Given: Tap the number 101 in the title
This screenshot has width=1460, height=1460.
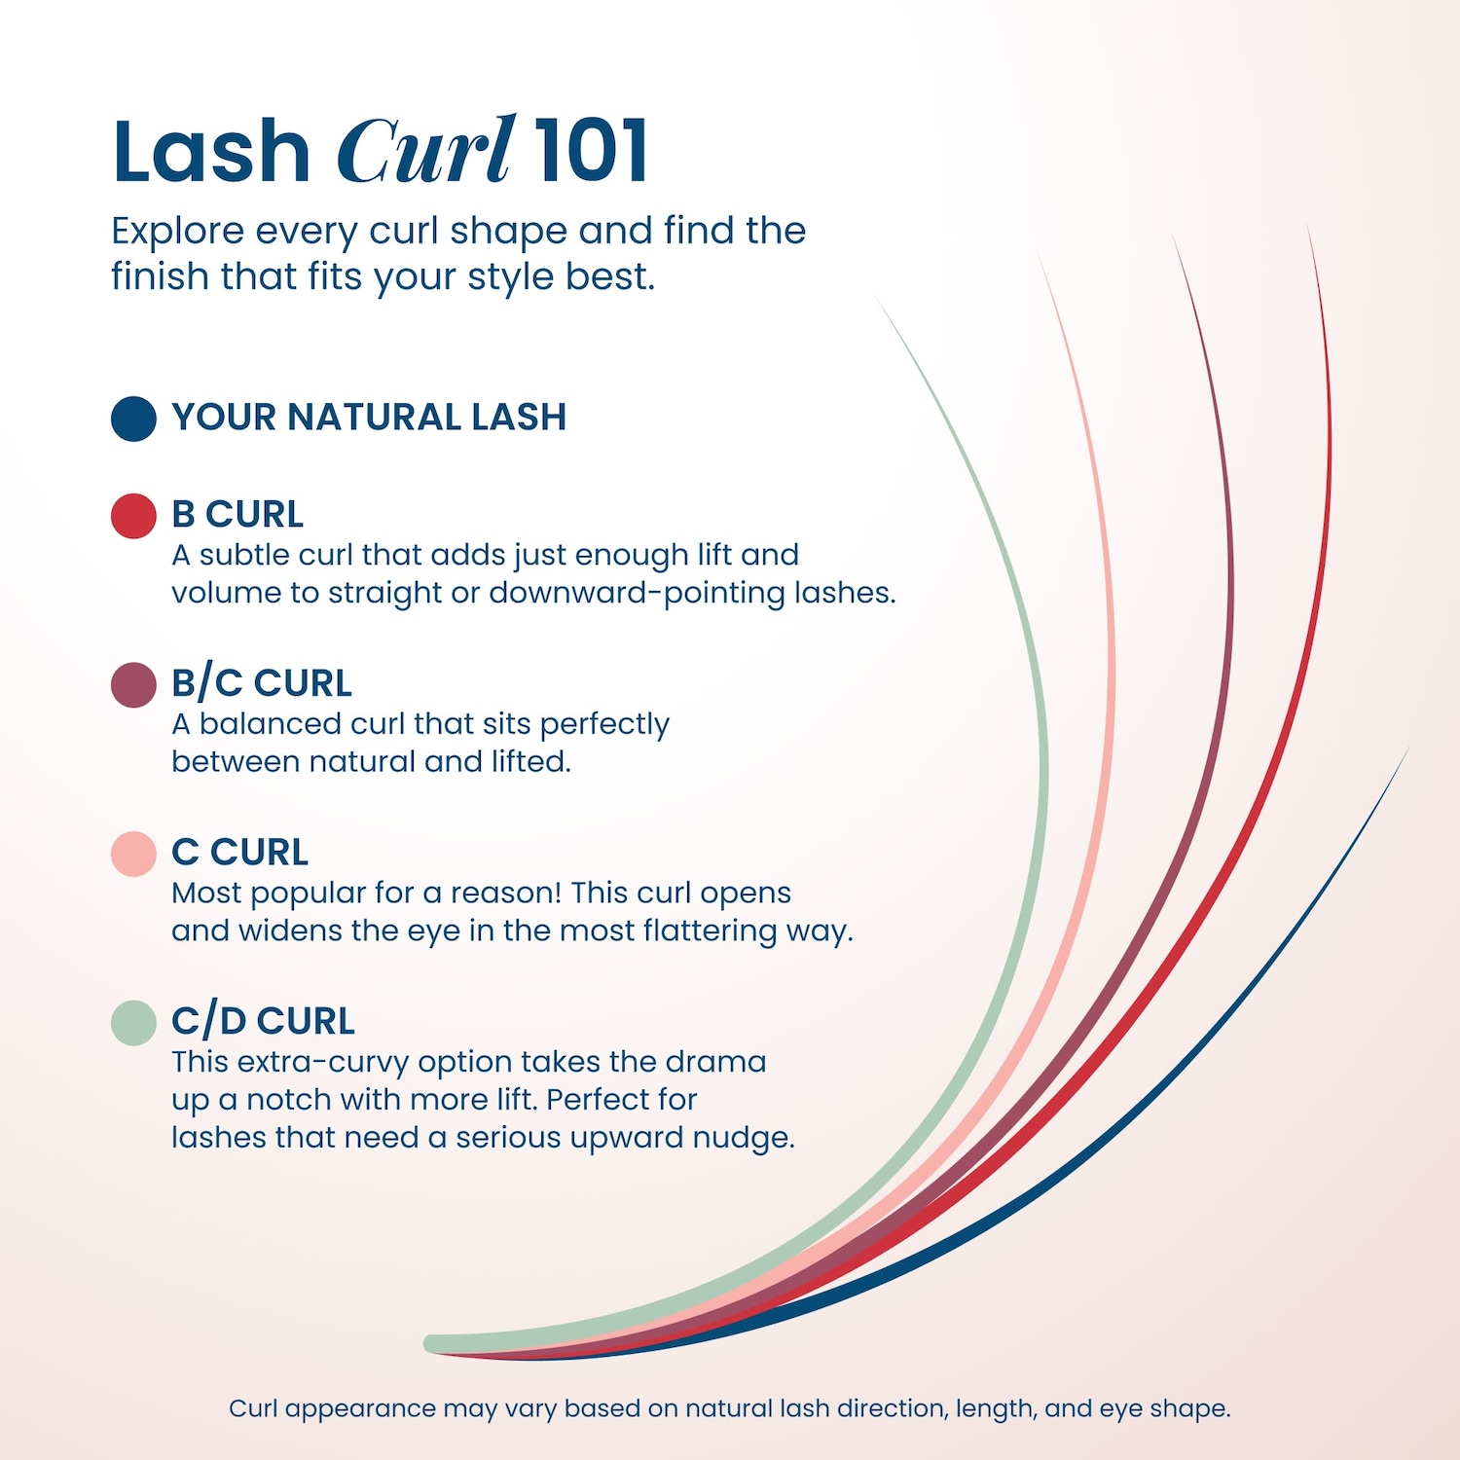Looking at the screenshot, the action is click(591, 150).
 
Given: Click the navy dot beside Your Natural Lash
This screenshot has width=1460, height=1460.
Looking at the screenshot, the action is click(133, 419).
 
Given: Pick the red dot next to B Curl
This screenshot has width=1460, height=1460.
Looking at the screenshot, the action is click(133, 516).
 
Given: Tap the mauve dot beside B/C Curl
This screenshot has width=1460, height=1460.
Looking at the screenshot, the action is click(133, 685).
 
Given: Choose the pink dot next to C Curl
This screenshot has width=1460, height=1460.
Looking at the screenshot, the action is click(133, 854).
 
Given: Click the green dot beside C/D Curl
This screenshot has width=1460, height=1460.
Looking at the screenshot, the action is click(133, 1023).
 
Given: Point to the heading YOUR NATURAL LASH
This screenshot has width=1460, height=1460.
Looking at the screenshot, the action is click(369, 418).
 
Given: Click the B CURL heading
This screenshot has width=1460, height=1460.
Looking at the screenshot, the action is click(237, 514).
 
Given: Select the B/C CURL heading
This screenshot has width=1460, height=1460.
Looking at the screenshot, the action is click(262, 683).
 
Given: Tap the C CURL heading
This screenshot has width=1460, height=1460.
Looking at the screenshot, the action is click(239, 852).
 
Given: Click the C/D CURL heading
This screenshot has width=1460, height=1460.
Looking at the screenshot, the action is click(263, 1021).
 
